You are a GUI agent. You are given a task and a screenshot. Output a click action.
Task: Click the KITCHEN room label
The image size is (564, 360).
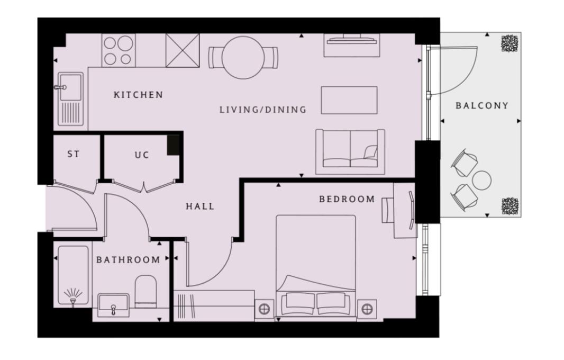[x=138, y=95]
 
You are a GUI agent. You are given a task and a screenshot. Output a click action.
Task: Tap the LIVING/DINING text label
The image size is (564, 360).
[x=263, y=110]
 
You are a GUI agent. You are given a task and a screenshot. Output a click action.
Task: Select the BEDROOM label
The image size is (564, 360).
[x=347, y=199]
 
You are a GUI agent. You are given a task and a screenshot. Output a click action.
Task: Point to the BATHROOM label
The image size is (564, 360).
[x=128, y=260]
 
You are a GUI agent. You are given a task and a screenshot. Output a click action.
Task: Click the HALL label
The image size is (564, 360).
[x=200, y=206]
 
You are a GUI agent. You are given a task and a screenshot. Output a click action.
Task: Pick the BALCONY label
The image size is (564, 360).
[x=482, y=105]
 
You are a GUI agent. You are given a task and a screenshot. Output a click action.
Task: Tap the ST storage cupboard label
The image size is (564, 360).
[x=74, y=155]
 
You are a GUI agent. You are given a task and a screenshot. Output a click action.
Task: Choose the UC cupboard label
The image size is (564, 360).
[x=142, y=155]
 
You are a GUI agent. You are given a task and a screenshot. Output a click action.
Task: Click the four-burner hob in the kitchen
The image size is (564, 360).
[x=118, y=50]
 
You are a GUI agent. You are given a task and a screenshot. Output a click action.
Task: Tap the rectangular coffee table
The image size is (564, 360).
[x=349, y=100]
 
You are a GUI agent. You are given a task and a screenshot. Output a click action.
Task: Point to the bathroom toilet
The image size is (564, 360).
[x=145, y=292]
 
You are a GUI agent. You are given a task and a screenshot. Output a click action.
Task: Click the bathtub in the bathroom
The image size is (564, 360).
[x=72, y=275]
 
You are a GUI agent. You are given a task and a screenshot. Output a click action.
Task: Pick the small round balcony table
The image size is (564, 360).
[x=481, y=181]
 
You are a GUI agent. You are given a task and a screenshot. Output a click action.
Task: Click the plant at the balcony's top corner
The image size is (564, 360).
[x=510, y=43]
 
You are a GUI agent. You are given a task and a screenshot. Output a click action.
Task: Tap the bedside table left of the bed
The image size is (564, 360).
[x=264, y=308]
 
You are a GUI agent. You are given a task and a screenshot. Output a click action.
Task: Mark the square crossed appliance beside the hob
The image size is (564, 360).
[x=183, y=50]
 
